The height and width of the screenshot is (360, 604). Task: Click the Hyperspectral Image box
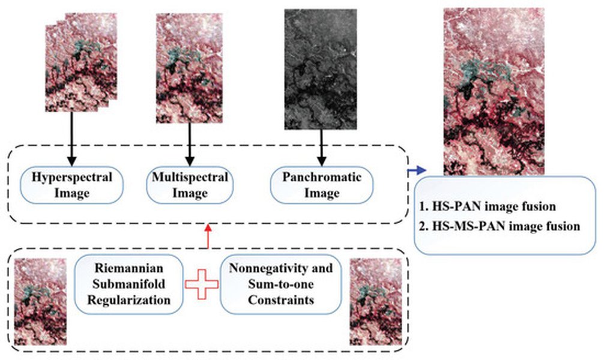[x=71, y=185]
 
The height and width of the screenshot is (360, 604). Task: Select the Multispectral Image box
[x=190, y=185]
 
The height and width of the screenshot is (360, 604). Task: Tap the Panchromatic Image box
[x=322, y=185]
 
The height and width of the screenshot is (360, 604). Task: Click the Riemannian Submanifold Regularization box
[x=128, y=284]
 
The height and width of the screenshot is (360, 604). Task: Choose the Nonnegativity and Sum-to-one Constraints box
[x=281, y=284]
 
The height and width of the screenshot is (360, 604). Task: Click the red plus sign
[x=202, y=284]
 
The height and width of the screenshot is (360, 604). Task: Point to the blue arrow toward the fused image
[x=417, y=170]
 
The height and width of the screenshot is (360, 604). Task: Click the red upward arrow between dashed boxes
[x=208, y=237]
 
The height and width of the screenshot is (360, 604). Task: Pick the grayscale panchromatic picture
[x=321, y=70]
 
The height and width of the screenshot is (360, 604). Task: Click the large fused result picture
[x=494, y=92]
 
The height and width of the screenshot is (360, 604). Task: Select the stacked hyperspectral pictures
[x=81, y=62]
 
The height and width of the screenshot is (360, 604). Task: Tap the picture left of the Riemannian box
[x=40, y=302]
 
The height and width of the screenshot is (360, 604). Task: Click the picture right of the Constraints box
[x=376, y=302]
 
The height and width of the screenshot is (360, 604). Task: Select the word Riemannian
[x=128, y=268]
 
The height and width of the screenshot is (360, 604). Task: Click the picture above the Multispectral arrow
[x=189, y=68]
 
